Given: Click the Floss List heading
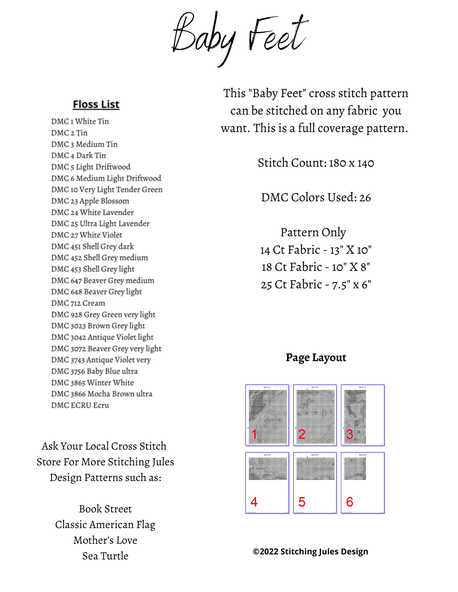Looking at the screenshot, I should click(96, 104).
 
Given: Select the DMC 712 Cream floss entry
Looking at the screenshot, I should click(78, 303).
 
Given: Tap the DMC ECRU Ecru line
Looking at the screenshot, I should click(80, 405).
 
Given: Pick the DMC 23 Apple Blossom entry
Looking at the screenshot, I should click(90, 201).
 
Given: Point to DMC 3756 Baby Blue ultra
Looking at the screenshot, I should click(94, 371).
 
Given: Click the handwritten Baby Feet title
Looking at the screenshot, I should click(240, 38).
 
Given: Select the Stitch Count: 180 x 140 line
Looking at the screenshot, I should click(316, 163).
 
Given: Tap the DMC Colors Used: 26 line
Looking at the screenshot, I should click(316, 197).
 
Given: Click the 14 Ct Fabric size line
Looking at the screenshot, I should click(316, 250).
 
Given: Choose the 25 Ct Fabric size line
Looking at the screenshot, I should click(316, 284).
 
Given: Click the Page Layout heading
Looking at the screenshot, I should click(316, 358).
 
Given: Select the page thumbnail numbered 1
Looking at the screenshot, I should click(267, 415).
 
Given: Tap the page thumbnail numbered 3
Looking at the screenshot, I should click(363, 415).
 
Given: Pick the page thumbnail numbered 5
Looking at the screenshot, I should click(315, 483).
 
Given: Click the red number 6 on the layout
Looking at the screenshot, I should click(350, 502).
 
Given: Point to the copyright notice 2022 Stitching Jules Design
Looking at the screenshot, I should click(310, 551).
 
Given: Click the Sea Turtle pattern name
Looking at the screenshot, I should click(105, 556).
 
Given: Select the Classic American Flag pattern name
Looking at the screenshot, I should click(105, 525).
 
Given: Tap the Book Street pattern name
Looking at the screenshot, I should click(105, 509).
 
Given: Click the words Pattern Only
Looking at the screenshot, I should click(313, 232).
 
